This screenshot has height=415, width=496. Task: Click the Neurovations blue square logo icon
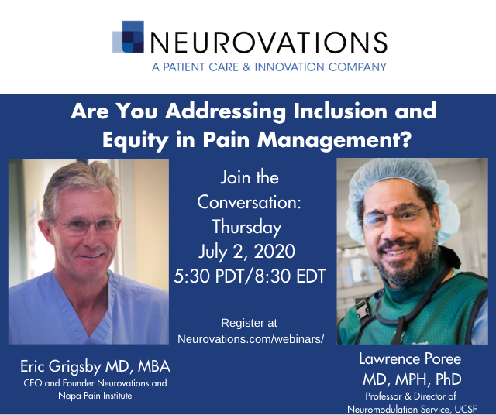coord(128,36)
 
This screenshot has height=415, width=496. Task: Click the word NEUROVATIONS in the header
coord(269,43)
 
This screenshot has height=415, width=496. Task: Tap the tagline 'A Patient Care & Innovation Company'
coord(269,67)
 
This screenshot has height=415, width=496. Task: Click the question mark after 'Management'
coord(405,139)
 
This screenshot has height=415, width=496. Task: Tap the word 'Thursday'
coord(246,228)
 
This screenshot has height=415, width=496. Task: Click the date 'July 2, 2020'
coord(246,252)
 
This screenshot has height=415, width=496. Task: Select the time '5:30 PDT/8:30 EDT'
coord(250,276)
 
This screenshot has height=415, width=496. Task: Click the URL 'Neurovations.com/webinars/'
coord(251,339)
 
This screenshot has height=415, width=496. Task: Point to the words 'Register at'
coord(250,323)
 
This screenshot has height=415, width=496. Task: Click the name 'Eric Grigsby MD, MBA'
coord(95,367)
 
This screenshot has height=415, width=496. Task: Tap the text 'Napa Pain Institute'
coord(95,396)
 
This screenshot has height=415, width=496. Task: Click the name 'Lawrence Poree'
coord(410,359)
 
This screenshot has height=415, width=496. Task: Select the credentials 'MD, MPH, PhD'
coord(412,379)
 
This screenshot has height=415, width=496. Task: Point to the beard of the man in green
coord(408,266)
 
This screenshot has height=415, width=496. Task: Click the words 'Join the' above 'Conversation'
coord(250,177)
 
